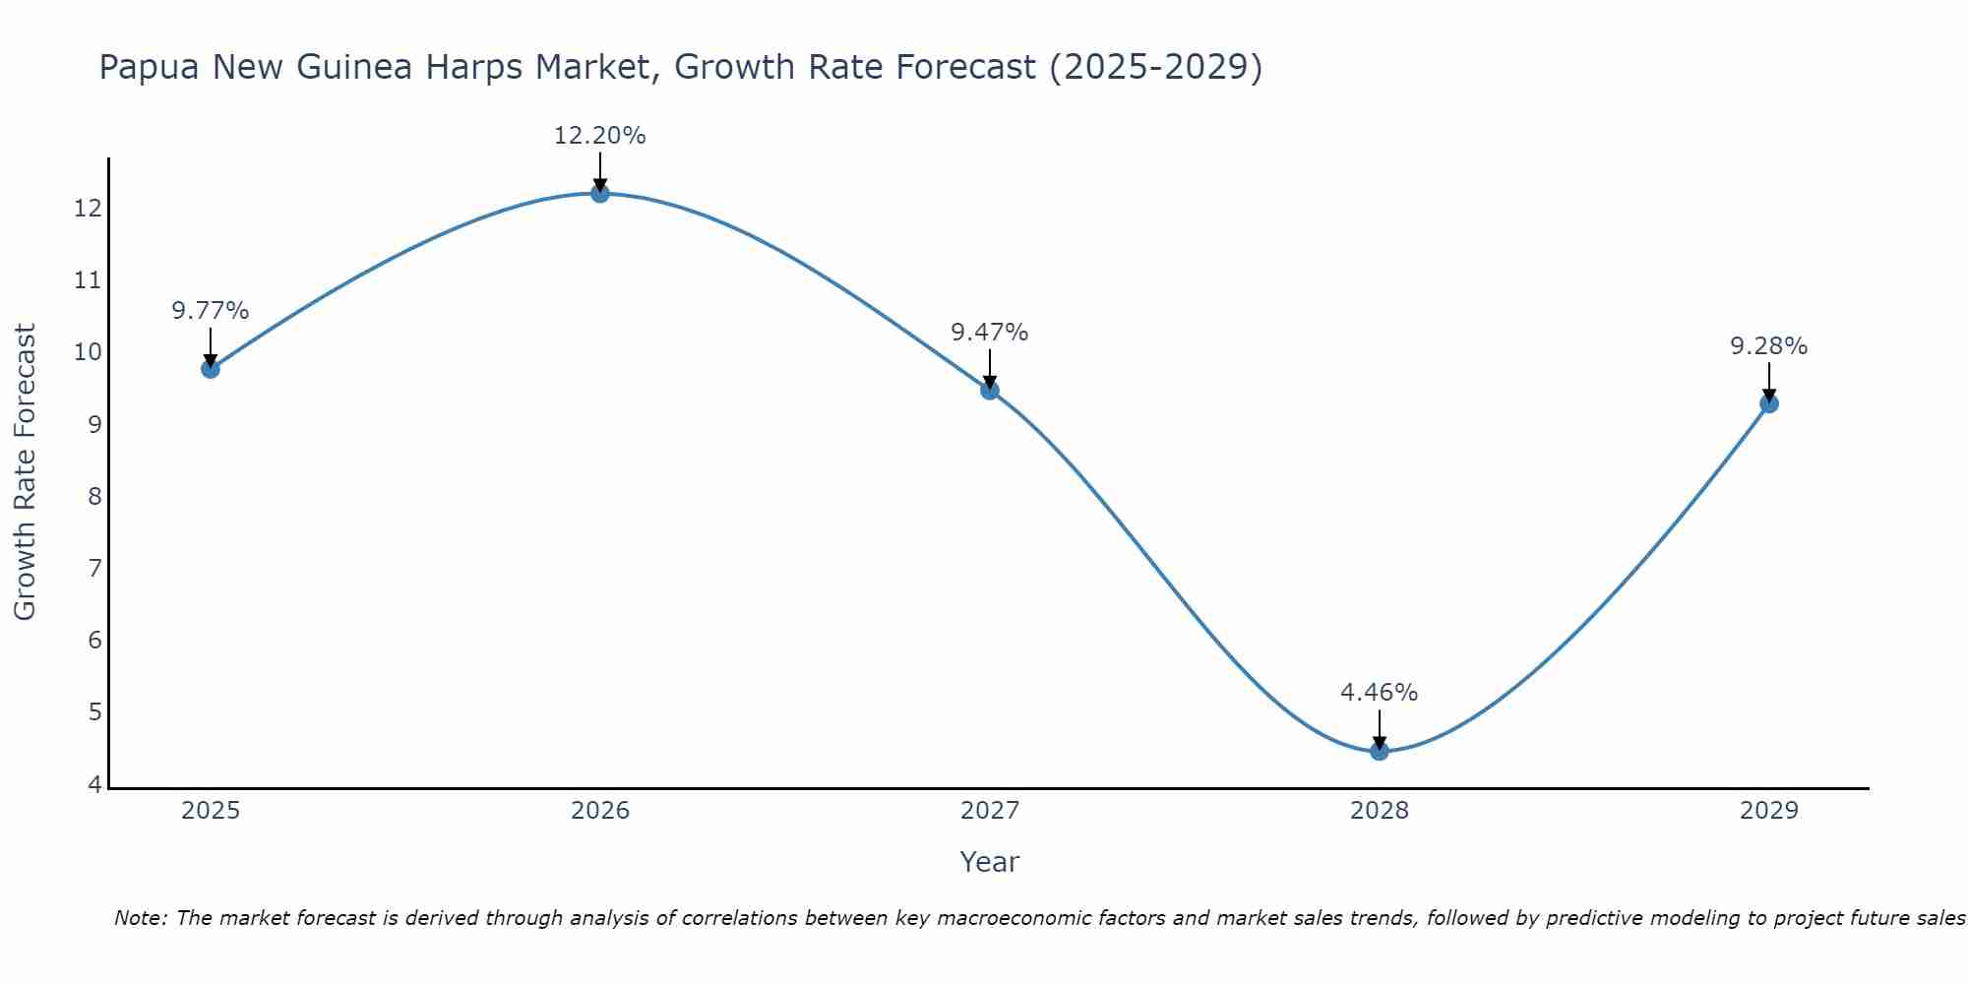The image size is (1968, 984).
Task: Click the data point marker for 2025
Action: (211, 369)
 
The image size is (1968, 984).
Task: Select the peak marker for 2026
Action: (600, 193)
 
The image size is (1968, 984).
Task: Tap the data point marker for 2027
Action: (990, 391)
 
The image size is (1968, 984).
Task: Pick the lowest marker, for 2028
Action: (1380, 751)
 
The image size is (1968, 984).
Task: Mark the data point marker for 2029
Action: (1769, 403)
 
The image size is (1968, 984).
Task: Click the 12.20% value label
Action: (600, 136)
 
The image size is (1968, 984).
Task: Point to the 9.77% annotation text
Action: (211, 311)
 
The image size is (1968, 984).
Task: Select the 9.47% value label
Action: (990, 333)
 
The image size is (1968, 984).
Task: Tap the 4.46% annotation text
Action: (1380, 693)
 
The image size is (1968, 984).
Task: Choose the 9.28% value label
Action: (1769, 346)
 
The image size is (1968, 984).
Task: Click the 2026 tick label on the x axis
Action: (600, 811)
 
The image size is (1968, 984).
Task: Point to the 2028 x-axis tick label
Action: (1380, 811)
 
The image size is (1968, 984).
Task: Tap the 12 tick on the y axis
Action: (88, 208)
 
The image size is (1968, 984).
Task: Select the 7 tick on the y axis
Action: (94, 568)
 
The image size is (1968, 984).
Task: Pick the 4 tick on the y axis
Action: (94, 784)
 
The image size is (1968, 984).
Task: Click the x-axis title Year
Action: (990, 862)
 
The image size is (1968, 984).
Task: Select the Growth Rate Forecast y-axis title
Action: (25, 471)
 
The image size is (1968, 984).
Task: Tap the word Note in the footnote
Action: (141, 918)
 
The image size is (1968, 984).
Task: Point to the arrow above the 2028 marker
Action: (1380, 728)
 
